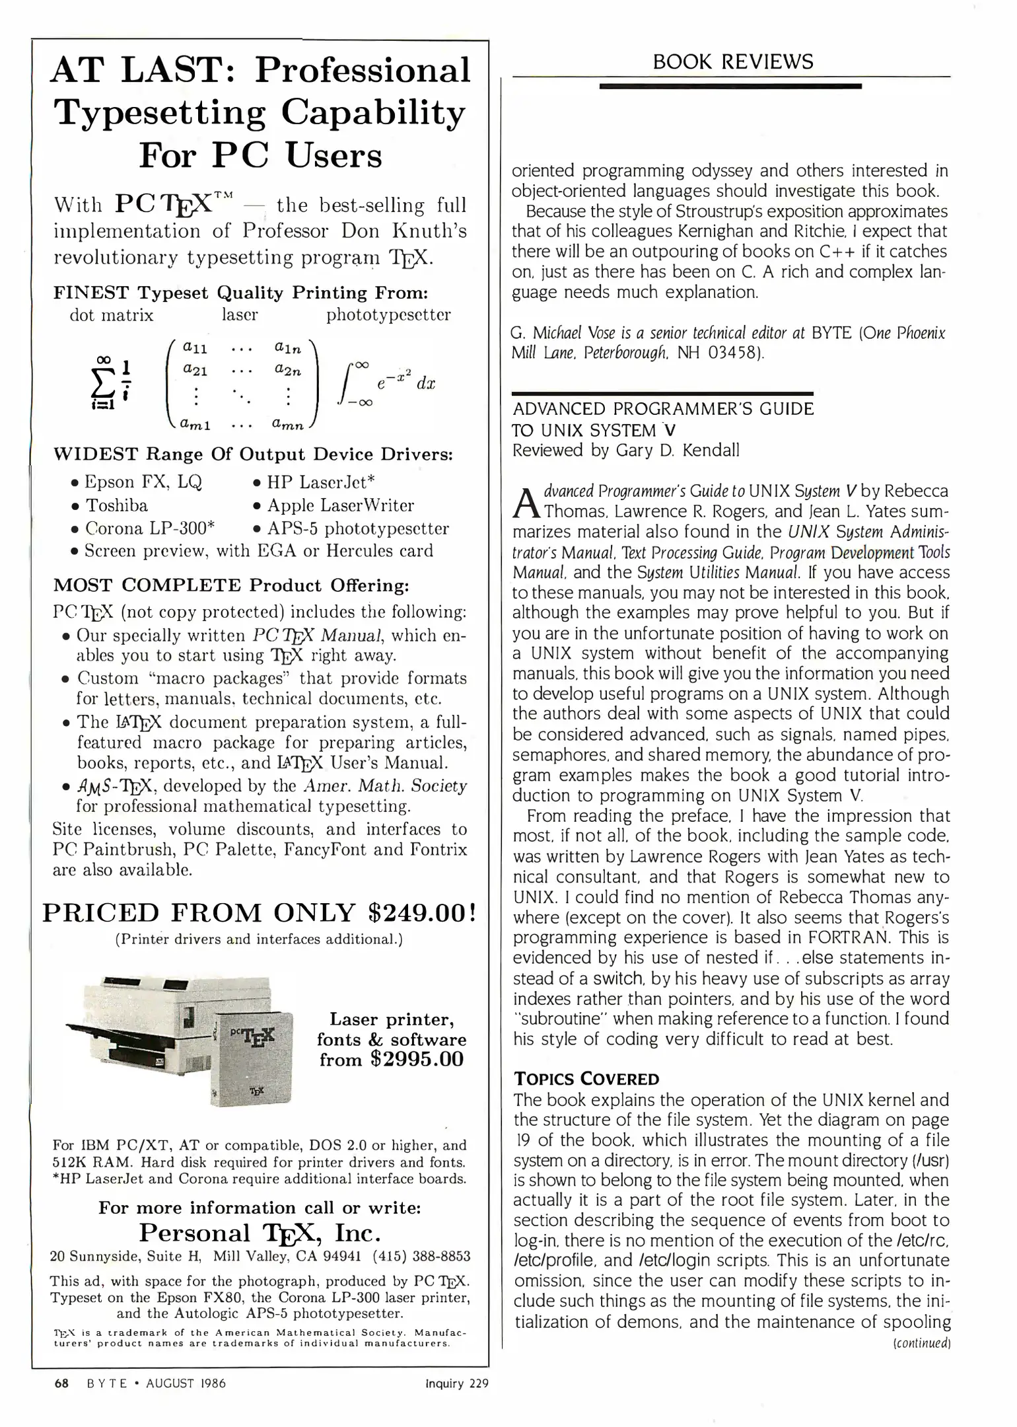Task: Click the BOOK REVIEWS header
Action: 732,62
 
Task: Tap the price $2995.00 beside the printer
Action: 417,1060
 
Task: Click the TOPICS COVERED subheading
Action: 586,1079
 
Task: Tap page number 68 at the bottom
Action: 61,1383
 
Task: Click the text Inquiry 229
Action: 457,1383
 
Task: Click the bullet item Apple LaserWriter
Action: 339,505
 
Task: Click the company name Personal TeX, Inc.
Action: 260,1233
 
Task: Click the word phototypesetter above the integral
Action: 388,315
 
